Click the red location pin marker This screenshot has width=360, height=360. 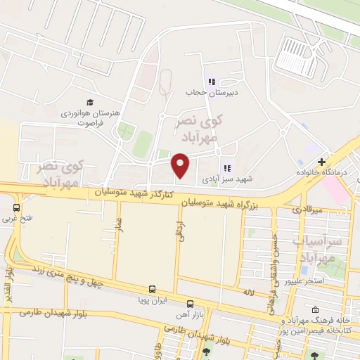coord(181,165)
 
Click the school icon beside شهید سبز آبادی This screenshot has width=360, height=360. coord(226,168)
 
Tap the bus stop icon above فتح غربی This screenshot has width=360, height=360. coord(16,207)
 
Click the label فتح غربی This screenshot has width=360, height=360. coord(16,219)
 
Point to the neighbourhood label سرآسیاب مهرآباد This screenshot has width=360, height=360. coord(325,250)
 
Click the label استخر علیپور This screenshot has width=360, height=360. coord(304,281)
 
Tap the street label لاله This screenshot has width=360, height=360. coord(247,290)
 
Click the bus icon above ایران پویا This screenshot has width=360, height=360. coord(152,289)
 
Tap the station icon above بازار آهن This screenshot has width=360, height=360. coord(190,304)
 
